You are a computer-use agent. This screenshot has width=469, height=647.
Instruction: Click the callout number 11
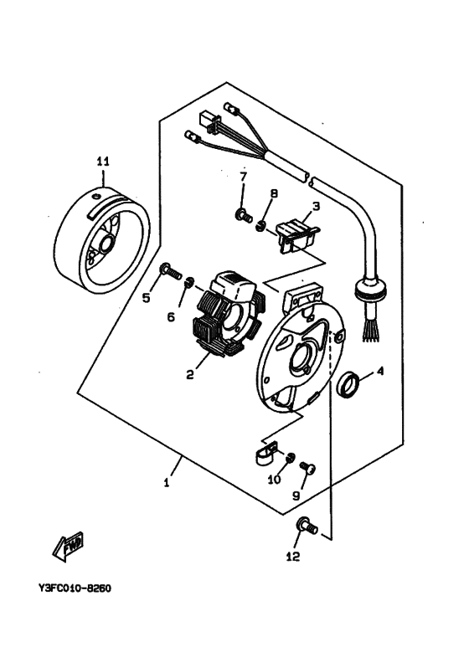tap(102, 161)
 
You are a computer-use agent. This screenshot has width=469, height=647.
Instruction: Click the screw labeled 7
tap(244, 216)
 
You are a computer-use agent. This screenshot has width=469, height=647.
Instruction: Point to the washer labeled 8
tap(261, 223)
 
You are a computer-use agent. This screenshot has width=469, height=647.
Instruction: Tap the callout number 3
tap(315, 205)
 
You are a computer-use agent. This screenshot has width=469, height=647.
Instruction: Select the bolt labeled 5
tap(170, 270)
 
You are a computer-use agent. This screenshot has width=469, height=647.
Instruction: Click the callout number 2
tap(190, 375)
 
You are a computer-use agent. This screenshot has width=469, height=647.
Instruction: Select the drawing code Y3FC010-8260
tap(75, 588)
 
